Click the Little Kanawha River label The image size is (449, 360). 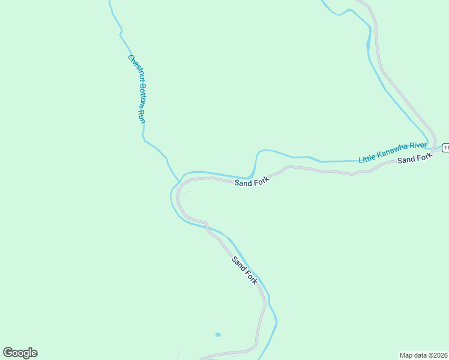coord(393,153)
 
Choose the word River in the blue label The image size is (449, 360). coord(418,146)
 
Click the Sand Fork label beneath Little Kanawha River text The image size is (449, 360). coord(415,159)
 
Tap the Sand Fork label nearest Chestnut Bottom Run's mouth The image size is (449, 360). coord(252,182)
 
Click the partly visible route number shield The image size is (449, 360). coord(445,148)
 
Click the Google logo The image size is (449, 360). coord(20,353)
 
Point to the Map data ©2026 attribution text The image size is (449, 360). coord(423,355)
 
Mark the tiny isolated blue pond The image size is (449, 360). coord(217,335)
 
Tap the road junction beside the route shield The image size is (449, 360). coord(435,148)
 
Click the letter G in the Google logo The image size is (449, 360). coord(8,352)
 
